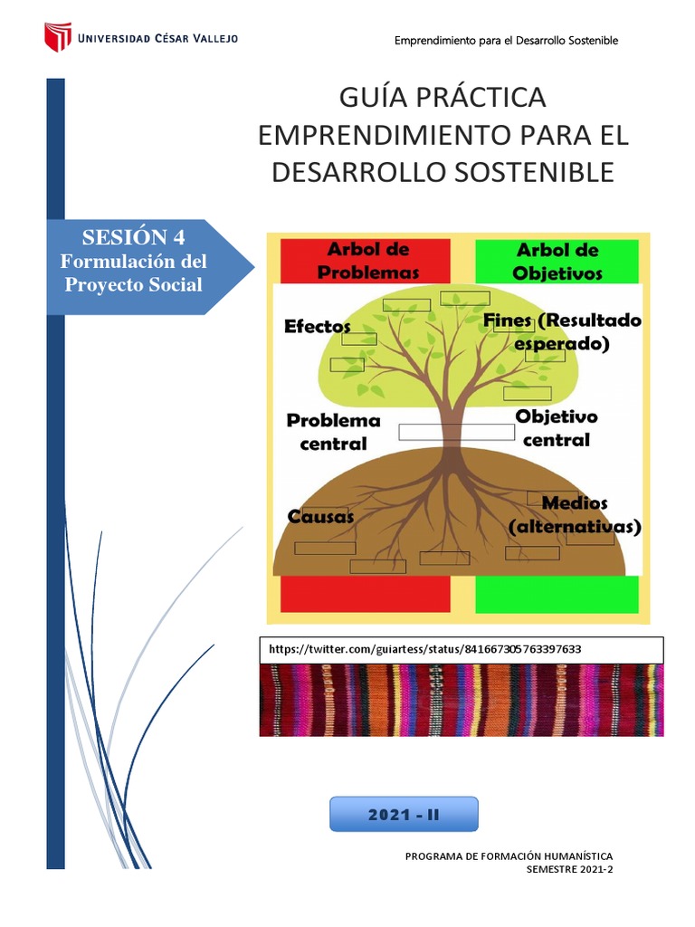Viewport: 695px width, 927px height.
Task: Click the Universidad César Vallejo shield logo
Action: click(58, 37)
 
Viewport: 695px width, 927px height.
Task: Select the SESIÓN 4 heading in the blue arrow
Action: click(133, 238)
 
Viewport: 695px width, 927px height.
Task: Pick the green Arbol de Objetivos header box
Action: click(557, 261)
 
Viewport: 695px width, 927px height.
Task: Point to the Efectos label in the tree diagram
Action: click(317, 327)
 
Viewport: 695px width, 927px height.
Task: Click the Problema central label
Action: click(333, 432)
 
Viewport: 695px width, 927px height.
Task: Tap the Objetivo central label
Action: click(557, 428)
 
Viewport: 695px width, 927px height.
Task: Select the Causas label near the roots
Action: click(320, 517)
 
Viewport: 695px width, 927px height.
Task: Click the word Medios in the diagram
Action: click(575, 503)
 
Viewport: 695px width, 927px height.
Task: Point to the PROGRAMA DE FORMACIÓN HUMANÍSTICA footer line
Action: click(509, 855)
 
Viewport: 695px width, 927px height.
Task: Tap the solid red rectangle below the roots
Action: click(366, 595)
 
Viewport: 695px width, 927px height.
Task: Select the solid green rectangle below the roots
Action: click(557, 595)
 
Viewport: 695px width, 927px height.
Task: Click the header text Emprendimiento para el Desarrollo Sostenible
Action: click(507, 41)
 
